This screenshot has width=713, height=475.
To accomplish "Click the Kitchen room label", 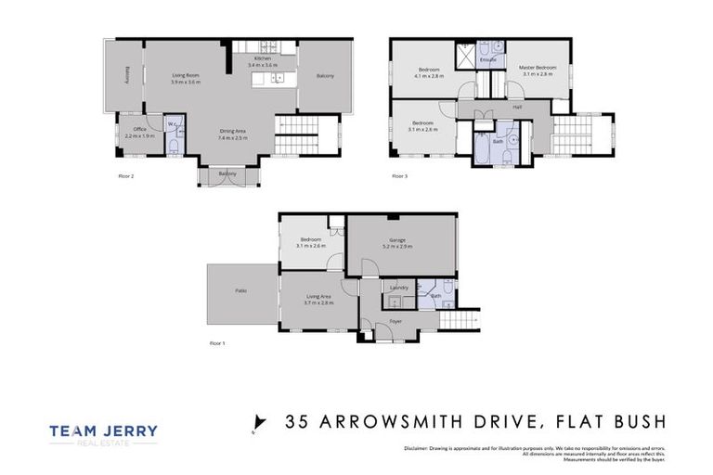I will [263, 59].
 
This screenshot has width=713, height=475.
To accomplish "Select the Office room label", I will [140, 129].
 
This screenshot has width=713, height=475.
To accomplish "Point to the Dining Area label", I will [232, 131].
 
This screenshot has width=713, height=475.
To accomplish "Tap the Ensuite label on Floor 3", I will [487, 60].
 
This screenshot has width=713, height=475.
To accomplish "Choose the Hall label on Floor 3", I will [516, 107].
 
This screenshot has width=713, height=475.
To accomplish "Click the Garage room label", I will [398, 239].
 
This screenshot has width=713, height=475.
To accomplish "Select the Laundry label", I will [399, 288].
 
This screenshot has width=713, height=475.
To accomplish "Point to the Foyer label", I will [395, 321].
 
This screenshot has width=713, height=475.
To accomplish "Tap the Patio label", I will [240, 290].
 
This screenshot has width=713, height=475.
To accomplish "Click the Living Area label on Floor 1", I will [318, 296].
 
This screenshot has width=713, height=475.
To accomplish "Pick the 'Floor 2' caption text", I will [127, 175].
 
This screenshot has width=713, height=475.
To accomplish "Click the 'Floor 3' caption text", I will [399, 175].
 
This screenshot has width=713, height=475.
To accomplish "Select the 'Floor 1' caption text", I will [217, 342].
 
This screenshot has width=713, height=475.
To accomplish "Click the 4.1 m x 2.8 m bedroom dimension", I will [429, 76].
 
